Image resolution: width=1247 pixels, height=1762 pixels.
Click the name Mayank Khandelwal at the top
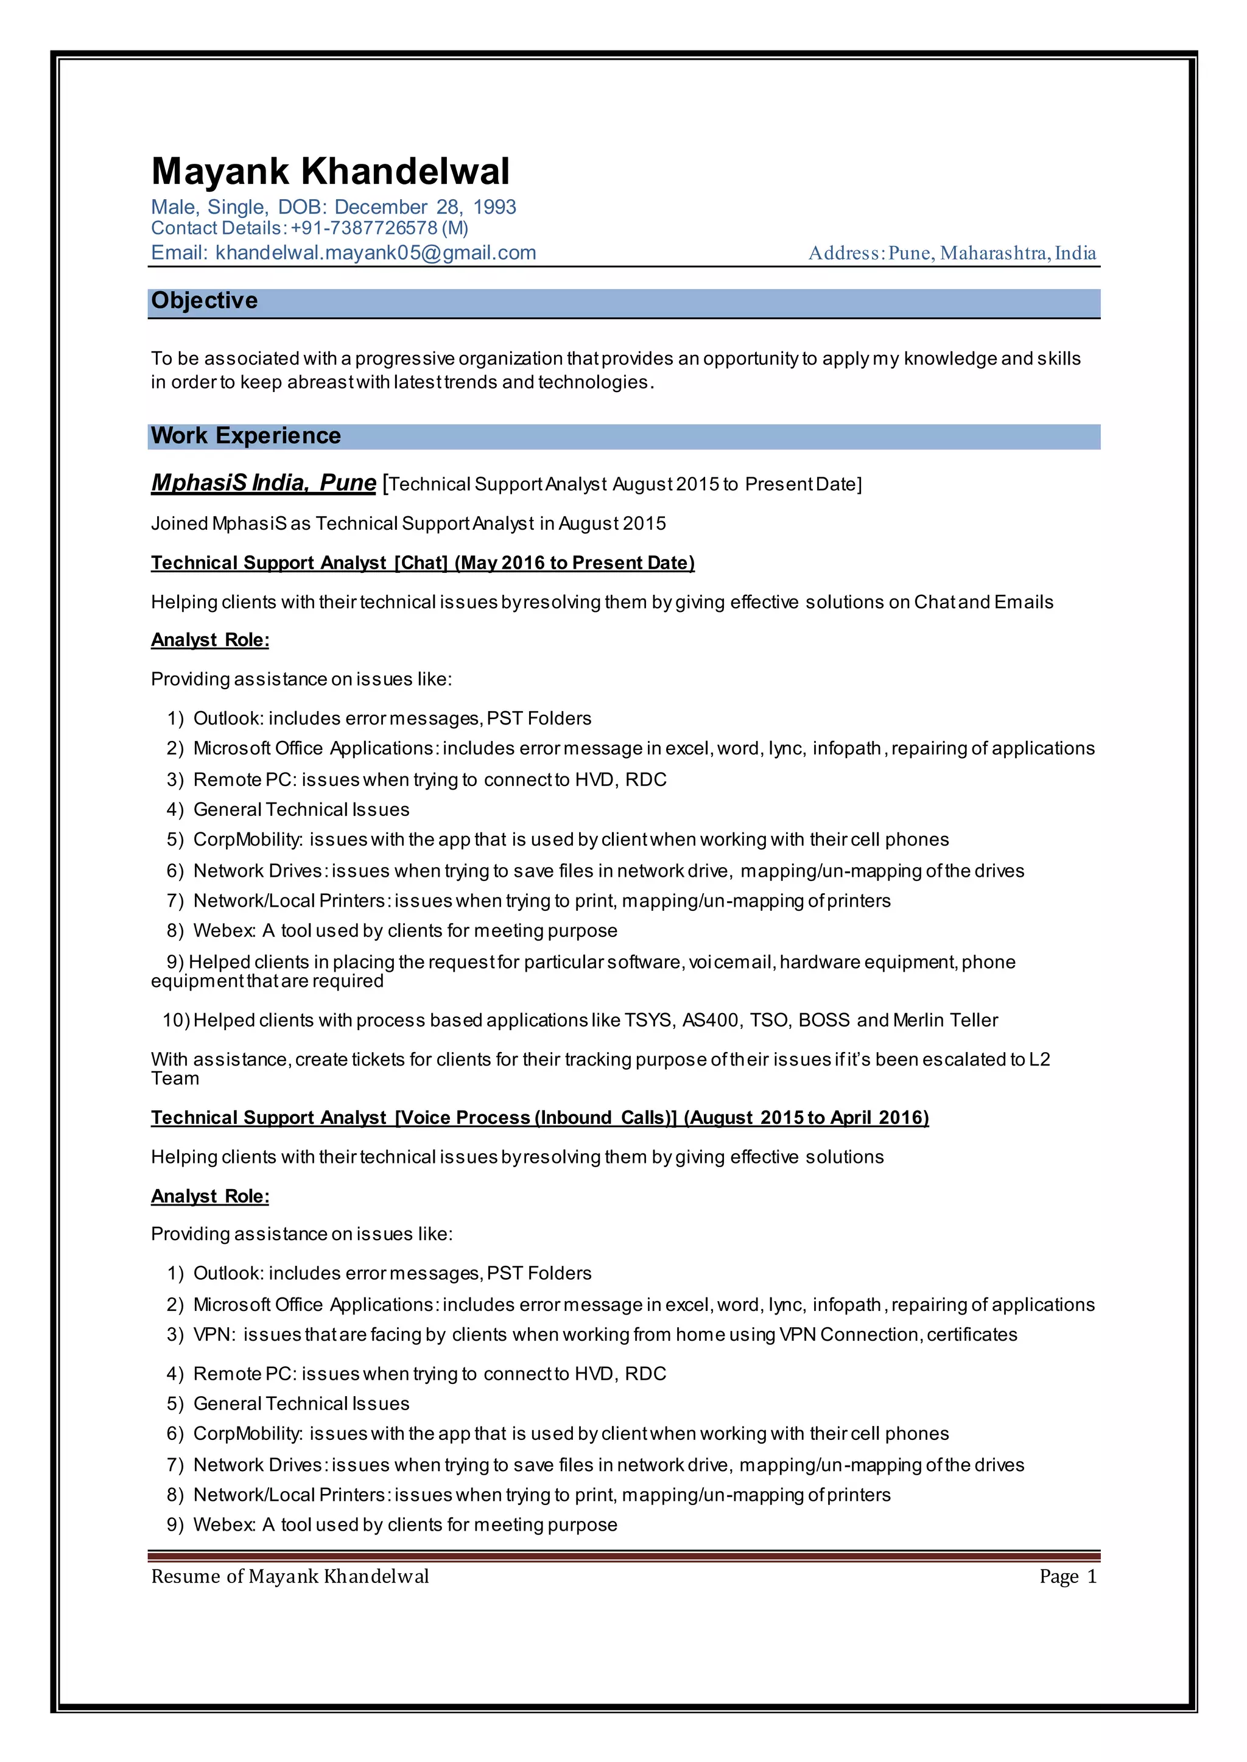[x=330, y=171]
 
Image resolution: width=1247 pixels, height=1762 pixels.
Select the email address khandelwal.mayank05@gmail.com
[x=376, y=253]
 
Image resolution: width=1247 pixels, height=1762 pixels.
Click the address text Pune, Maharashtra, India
[x=992, y=253]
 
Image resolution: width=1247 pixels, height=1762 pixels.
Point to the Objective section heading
[x=204, y=300]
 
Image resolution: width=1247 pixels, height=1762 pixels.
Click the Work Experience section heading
[x=246, y=435]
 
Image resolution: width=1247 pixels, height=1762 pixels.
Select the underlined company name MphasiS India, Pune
[x=264, y=482]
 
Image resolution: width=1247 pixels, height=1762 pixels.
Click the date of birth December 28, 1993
[x=424, y=207]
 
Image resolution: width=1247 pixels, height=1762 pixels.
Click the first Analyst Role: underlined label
[x=209, y=641]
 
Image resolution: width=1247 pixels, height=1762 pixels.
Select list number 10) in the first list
[x=176, y=1020]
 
